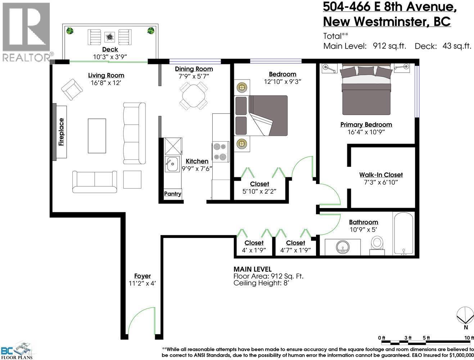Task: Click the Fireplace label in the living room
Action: tap(61, 132)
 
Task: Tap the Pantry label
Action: tap(172, 194)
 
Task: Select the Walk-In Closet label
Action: tap(381, 175)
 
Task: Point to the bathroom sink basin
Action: tap(343, 247)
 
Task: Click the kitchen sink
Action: tap(172, 165)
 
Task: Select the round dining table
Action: tap(194, 96)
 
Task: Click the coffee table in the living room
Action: tap(97, 136)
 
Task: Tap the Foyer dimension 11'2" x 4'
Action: tap(142, 283)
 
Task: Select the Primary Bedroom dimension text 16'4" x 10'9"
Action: tap(366, 132)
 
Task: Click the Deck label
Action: tap(110, 49)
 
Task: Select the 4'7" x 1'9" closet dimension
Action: tap(295, 250)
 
